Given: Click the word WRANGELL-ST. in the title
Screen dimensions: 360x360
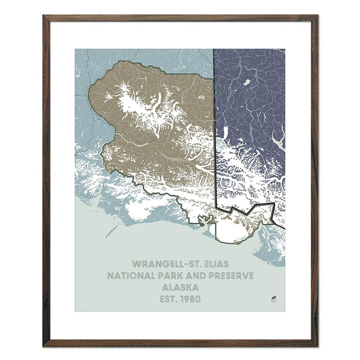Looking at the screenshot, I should [163, 264].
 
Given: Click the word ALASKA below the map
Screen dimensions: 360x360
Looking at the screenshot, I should [180, 287].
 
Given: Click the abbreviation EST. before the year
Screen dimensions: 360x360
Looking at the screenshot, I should [169, 298].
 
